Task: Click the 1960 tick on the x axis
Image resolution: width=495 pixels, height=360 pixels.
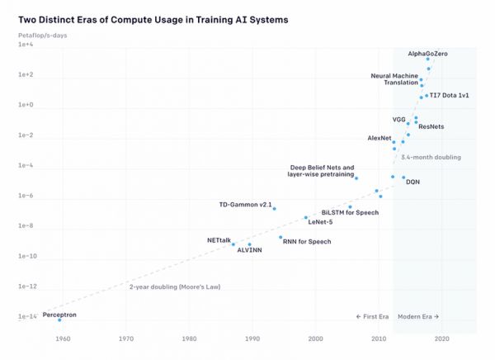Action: [x=63, y=339]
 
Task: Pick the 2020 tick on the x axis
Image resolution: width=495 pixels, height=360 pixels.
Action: [x=442, y=339]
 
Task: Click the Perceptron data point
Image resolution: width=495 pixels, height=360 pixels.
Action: [x=59, y=320]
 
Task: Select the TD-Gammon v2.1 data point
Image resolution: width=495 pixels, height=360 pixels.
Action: [x=274, y=208]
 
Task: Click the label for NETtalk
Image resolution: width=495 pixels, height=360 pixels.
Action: [x=219, y=239]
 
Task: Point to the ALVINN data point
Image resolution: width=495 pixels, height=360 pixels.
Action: [x=249, y=244]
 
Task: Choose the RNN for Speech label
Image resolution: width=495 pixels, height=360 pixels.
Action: [x=307, y=241]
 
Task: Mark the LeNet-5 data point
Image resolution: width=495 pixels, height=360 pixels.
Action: [x=306, y=218]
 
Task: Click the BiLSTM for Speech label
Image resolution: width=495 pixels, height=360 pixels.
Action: [x=350, y=212]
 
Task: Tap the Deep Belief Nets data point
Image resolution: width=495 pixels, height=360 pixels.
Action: [x=356, y=178]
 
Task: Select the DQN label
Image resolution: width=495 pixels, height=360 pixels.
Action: [x=413, y=182]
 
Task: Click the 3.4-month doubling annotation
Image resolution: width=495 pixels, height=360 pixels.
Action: [x=430, y=157]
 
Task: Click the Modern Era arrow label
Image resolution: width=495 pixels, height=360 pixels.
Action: [x=418, y=316]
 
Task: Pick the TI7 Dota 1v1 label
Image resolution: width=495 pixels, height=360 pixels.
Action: [x=449, y=96]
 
